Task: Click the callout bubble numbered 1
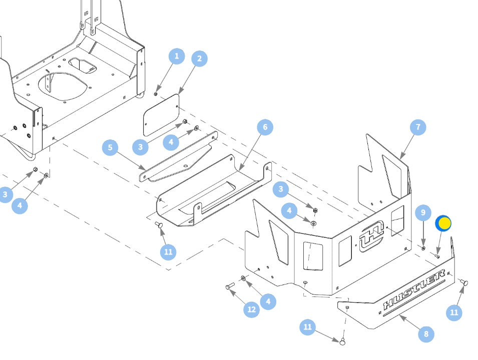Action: click(x=177, y=56)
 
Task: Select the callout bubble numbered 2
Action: click(x=199, y=59)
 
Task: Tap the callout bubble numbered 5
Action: click(x=110, y=147)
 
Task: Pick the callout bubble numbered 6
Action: click(x=265, y=127)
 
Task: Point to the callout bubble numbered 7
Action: click(x=418, y=127)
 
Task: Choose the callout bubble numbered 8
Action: click(x=426, y=334)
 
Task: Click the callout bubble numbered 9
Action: click(x=423, y=212)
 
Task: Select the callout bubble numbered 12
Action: click(x=251, y=309)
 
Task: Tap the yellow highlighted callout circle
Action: click(x=443, y=223)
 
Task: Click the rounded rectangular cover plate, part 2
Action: click(x=161, y=115)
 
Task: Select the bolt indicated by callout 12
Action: click(x=230, y=286)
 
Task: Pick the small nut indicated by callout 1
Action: click(x=156, y=94)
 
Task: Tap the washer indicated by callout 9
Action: click(x=423, y=248)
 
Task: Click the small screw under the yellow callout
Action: click(x=437, y=256)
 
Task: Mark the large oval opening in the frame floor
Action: click(x=62, y=86)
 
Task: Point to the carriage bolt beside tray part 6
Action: click(x=159, y=225)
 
